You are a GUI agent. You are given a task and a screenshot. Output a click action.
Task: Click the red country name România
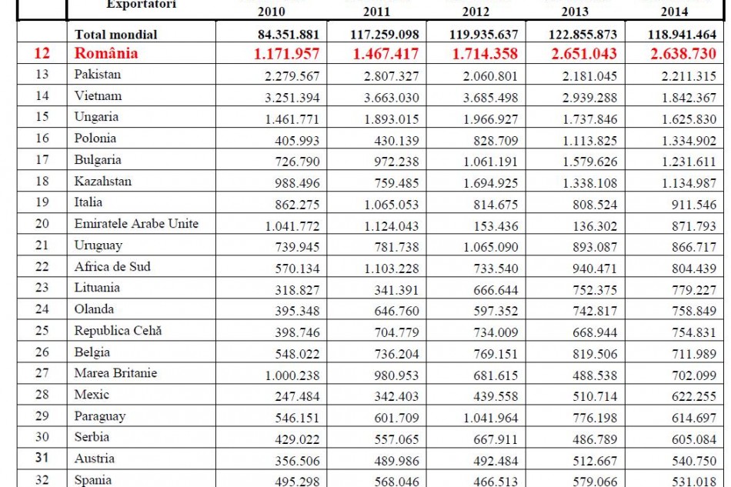[106, 54]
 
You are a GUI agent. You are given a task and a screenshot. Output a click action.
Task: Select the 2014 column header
[674, 12]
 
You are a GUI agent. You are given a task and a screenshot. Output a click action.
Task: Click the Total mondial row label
[115, 35]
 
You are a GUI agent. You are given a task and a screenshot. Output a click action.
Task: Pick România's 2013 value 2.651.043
[578, 55]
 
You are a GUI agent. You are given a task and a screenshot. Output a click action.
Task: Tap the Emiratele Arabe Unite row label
[136, 224]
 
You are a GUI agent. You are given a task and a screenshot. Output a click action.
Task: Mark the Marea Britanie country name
[115, 373]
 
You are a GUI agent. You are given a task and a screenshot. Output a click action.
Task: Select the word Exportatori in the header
[141, 4]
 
